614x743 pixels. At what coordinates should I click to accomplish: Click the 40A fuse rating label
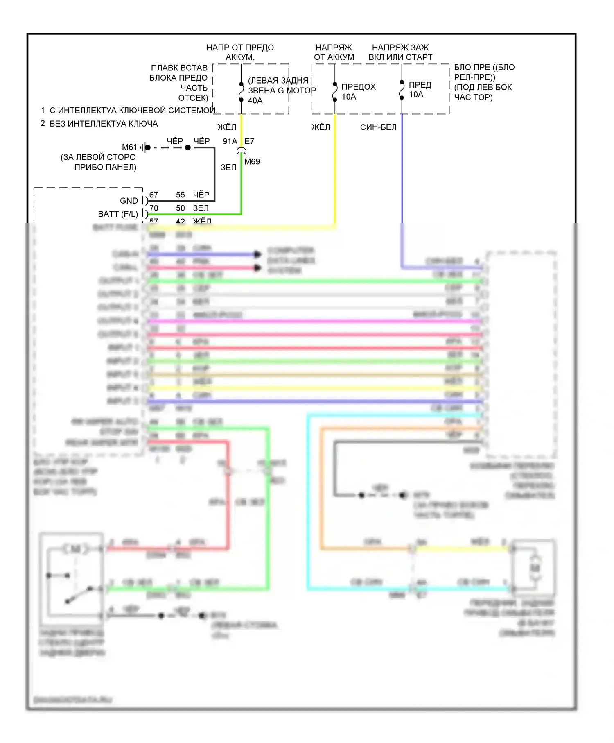click(255, 101)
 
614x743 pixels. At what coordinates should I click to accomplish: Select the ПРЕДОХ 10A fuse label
click(358, 92)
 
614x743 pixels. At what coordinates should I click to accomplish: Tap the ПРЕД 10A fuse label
click(420, 90)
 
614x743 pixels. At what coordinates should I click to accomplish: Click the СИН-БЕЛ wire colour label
click(378, 127)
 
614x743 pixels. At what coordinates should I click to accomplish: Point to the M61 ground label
click(129, 147)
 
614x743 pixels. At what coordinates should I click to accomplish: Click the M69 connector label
click(252, 162)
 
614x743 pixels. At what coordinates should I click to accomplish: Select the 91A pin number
click(230, 141)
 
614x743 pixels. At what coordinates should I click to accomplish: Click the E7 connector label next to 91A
click(249, 141)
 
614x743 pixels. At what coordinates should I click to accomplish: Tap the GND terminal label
click(129, 201)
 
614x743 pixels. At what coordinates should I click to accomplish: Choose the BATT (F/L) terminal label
click(118, 214)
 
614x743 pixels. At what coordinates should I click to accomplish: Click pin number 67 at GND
click(153, 195)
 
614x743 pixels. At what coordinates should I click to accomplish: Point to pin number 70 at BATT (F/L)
click(153, 208)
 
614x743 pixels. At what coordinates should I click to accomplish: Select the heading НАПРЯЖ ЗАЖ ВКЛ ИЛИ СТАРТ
click(400, 52)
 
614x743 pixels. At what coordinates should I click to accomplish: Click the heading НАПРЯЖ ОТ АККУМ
click(334, 52)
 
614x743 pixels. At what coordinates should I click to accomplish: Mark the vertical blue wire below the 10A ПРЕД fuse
click(402, 172)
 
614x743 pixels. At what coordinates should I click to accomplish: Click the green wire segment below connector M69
click(242, 184)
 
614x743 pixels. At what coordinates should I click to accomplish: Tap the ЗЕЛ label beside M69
click(228, 168)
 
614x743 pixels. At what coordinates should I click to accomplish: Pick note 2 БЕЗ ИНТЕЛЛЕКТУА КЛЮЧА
click(99, 124)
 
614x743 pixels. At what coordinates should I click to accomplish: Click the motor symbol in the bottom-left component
click(75, 549)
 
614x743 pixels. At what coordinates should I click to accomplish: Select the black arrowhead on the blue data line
click(257, 254)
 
